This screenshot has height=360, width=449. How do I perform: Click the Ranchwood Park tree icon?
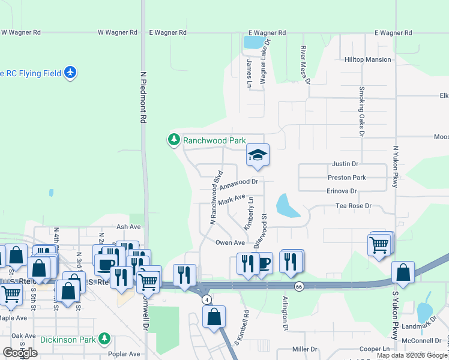(x=174, y=140)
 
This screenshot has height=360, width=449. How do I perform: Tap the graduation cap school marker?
(x=258, y=155)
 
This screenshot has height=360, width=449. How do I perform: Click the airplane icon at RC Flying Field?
(x=71, y=73)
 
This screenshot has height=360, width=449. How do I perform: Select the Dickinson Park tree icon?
(x=105, y=339)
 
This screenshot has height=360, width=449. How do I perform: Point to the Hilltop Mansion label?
(x=368, y=60)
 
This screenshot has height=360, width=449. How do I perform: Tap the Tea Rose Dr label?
(x=355, y=206)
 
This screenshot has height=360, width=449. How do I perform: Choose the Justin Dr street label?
(x=345, y=163)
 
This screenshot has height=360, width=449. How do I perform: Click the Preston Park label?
(x=346, y=178)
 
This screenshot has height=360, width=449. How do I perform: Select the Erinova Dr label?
(x=342, y=191)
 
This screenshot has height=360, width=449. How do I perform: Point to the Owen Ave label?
(x=230, y=242)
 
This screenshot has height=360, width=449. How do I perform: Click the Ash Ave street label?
(x=128, y=227)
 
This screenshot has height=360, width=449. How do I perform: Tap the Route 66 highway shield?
(x=299, y=287)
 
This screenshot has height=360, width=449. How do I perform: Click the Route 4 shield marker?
(x=206, y=299)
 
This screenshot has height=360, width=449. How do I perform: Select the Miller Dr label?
(x=304, y=349)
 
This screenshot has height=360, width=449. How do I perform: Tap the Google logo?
(x=20, y=353)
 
